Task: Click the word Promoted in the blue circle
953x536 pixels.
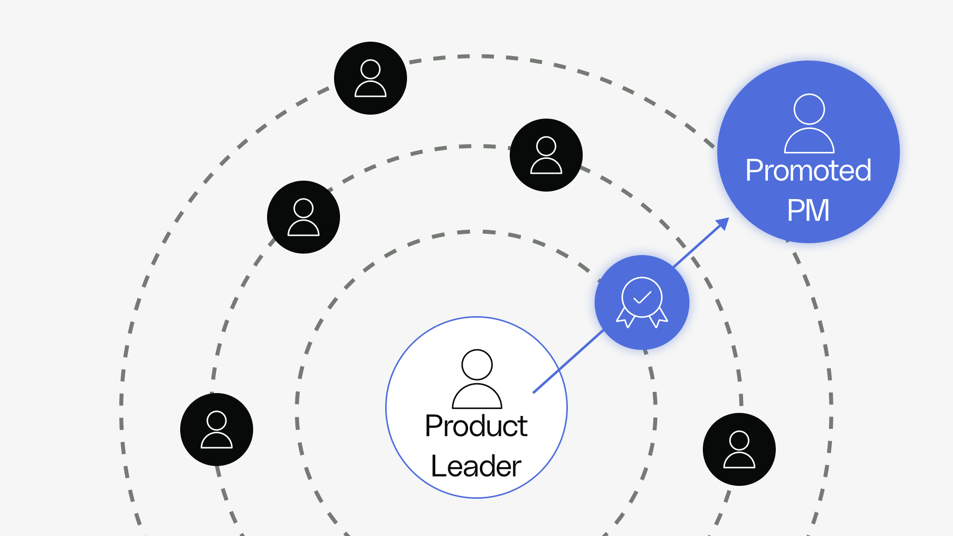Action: pos(808,170)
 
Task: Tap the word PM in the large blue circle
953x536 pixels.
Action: pos(808,210)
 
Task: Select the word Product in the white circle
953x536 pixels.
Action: pos(476,426)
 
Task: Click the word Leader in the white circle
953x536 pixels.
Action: pos(476,466)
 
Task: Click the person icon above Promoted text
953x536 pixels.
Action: pos(809,124)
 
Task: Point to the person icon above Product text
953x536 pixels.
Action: pos(477,379)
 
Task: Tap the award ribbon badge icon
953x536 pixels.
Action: pos(642,302)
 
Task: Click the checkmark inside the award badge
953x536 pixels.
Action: pos(642,297)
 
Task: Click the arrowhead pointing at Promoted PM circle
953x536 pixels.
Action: pos(724,223)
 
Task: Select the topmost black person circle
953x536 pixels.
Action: pos(370,78)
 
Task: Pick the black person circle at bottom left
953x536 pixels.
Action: pos(216,429)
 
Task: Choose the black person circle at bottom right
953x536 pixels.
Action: pos(739,449)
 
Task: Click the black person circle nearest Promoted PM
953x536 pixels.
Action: pos(546,155)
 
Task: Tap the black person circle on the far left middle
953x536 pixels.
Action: pos(303,217)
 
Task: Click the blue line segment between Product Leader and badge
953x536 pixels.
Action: pos(568,362)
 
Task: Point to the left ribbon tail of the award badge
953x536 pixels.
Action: pos(626,318)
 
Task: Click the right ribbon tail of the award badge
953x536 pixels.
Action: pos(659,318)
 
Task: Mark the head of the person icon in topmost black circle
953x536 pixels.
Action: pos(370,69)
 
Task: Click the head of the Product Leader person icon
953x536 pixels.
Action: pos(477,365)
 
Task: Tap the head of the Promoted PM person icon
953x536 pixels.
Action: pos(809,109)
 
